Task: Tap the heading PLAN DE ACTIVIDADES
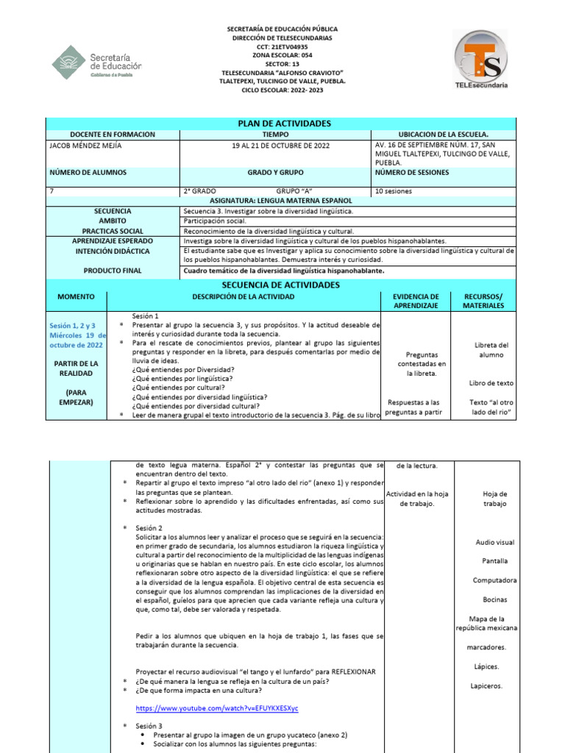click(283, 124)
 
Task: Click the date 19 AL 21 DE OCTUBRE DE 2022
click(281, 145)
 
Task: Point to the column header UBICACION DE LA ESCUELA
click(443, 135)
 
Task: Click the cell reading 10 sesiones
click(394, 191)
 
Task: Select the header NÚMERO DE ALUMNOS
click(88, 172)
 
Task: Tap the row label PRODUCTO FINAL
click(113, 271)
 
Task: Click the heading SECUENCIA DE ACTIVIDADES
click(283, 285)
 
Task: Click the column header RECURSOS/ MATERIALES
click(484, 301)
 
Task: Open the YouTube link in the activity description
click(217, 707)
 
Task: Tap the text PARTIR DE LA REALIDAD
click(77, 368)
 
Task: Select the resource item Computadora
click(494, 580)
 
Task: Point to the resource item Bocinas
click(494, 599)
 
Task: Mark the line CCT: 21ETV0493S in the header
click(282, 46)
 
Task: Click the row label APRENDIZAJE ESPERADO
click(113, 240)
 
